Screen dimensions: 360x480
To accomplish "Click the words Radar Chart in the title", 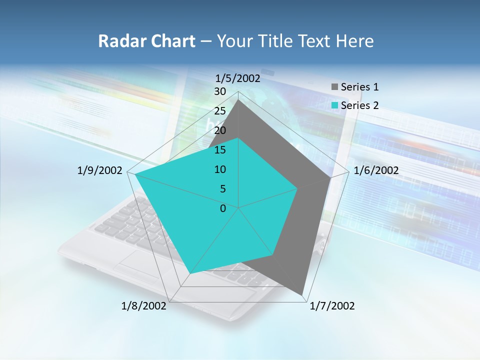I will tap(146, 41).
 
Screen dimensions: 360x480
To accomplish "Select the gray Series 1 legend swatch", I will tap(334, 87).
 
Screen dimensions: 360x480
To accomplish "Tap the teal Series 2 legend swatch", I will tap(334, 105).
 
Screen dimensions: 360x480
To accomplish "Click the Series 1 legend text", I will tap(359, 87).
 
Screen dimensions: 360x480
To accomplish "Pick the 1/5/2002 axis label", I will tap(237, 78).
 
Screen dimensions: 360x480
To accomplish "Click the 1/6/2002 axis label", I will tap(376, 170).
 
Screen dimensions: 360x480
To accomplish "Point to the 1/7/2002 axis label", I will tap(332, 306).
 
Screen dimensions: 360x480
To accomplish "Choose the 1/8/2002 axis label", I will tap(144, 306).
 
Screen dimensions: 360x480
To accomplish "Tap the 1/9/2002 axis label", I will tap(100, 170).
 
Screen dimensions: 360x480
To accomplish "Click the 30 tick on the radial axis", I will tap(220, 91).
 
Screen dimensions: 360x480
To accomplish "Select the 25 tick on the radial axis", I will tap(220, 111).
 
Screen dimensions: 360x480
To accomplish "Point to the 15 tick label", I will tap(220, 150).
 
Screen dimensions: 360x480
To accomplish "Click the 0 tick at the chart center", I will tap(223, 208).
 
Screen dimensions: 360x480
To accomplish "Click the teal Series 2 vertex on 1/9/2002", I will tap(135, 174).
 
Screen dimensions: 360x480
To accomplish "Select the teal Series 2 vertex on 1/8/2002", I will tap(190, 273).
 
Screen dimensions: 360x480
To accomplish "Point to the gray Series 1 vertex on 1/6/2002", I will tap(330, 177).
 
